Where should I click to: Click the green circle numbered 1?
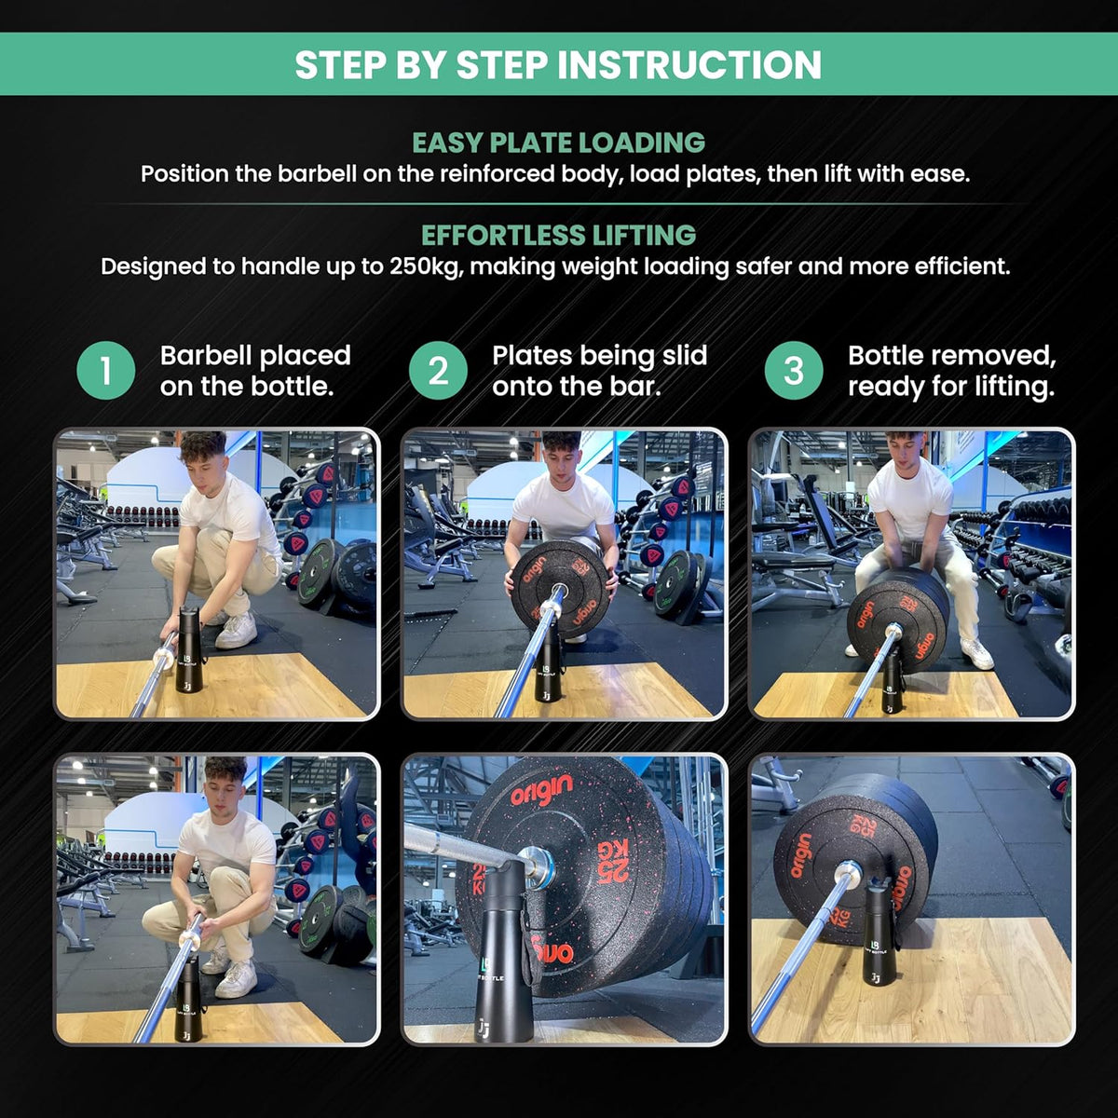[106, 370]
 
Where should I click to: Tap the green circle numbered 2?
[438, 370]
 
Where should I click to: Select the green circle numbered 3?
[794, 370]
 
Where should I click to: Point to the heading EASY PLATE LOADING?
[559, 143]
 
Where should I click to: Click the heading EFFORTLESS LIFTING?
[559, 235]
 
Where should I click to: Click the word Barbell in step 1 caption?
[204, 355]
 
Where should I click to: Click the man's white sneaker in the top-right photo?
[976, 653]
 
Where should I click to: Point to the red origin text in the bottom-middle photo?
[541, 792]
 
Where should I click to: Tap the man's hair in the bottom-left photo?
[225, 769]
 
